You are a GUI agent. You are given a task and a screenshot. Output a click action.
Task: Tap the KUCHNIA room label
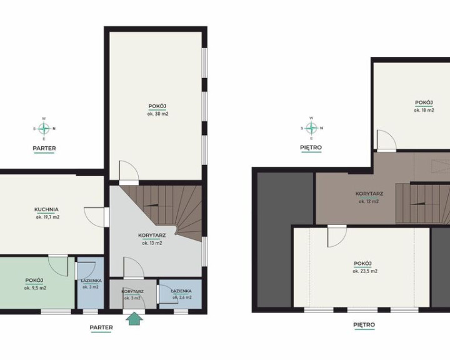[46, 209]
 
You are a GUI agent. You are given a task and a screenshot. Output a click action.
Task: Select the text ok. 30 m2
[157, 114]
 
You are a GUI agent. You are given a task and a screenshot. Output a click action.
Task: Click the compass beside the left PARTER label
[44, 129]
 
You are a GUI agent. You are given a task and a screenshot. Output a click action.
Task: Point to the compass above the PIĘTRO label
[311, 128]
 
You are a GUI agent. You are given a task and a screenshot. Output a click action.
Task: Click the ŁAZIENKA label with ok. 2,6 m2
[181, 294]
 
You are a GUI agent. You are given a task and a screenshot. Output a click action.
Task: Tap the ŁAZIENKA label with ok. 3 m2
[91, 283]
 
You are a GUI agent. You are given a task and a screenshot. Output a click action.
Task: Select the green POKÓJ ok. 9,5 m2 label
[35, 284]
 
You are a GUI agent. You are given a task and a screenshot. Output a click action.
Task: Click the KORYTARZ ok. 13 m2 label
[152, 239]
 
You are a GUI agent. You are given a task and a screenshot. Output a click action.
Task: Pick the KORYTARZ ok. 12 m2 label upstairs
[369, 197]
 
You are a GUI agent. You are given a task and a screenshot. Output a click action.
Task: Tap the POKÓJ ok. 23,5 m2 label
[365, 267]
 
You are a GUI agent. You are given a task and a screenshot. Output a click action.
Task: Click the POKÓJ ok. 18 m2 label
[424, 106]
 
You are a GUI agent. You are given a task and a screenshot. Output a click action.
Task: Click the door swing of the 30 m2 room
[129, 171]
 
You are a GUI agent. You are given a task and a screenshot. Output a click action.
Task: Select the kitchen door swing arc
[94, 217]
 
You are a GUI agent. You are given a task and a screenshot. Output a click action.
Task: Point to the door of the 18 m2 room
[386, 140]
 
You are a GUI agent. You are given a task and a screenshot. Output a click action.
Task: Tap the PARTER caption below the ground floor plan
[101, 327]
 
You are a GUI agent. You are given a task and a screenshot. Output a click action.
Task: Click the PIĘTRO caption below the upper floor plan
[364, 325]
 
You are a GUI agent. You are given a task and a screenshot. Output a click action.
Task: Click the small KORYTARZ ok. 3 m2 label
[132, 294]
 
